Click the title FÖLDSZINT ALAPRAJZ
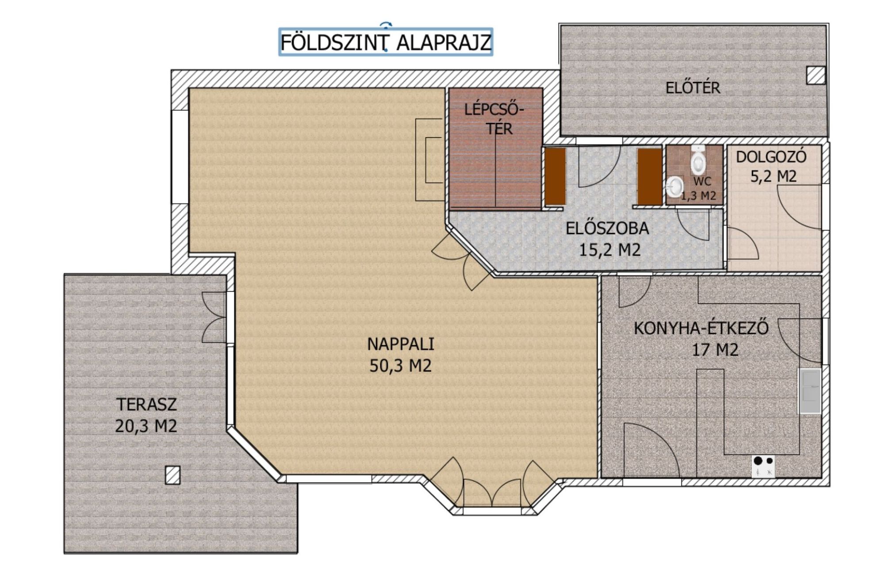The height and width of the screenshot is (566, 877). [386, 42]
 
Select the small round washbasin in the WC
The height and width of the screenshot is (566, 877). [674, 187]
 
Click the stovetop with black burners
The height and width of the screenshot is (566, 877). [763, 466]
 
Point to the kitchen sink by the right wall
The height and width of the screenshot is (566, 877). [809, 391]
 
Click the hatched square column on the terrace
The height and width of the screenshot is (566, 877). [172, 475]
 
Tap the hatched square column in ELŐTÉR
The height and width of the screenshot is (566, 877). [816, 75]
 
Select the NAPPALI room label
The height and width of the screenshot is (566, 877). [401, 344]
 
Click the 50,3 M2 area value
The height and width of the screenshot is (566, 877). [401, 366]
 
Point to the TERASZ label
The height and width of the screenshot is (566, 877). [146, 404]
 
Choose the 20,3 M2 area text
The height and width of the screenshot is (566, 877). [146, 426]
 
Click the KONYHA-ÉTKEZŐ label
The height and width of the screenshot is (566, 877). [701, 328]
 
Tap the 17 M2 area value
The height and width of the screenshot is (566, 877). [715, 350]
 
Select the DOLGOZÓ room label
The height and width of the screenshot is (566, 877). [771, 157]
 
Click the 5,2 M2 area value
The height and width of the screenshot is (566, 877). [774, 176]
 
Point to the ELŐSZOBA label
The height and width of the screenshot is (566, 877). [608, 228]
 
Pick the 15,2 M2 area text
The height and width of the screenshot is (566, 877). [610, 250]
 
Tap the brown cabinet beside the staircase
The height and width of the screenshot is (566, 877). [555, 176]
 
